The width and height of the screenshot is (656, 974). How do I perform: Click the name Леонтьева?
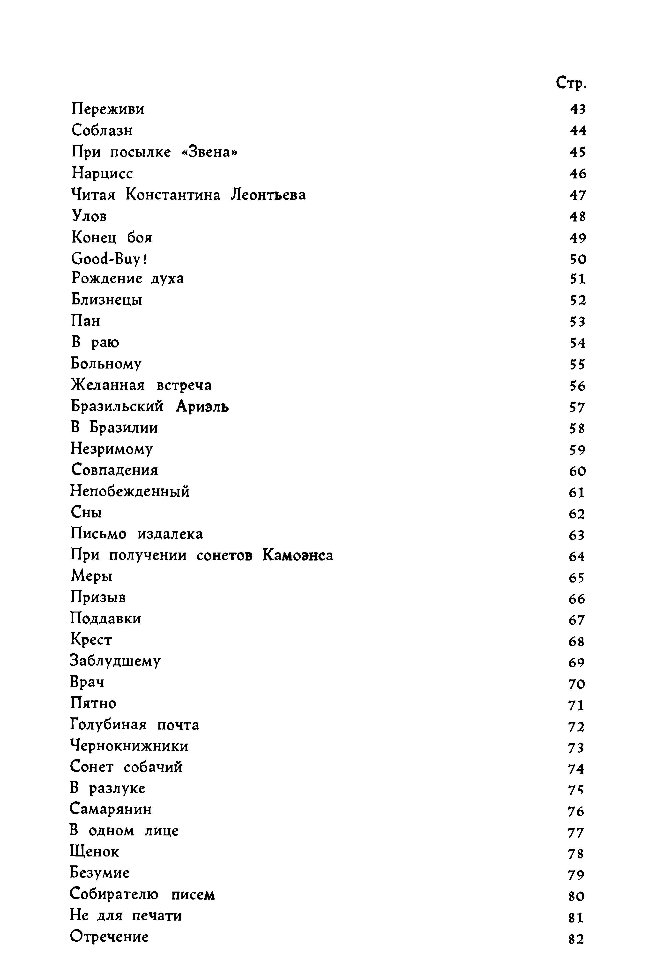(x=268, y=195)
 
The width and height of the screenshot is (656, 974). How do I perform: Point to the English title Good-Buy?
(x=110, y=259)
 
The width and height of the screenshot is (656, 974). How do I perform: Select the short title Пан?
(x=86, y=321)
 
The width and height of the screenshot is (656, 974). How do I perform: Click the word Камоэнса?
(x=298, y=555)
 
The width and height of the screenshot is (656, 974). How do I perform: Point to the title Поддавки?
(x=106, y=619)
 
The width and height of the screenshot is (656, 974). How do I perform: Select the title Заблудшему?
(x=115, y=661)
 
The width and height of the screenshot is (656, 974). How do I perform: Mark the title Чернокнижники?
(x=129, y=746)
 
